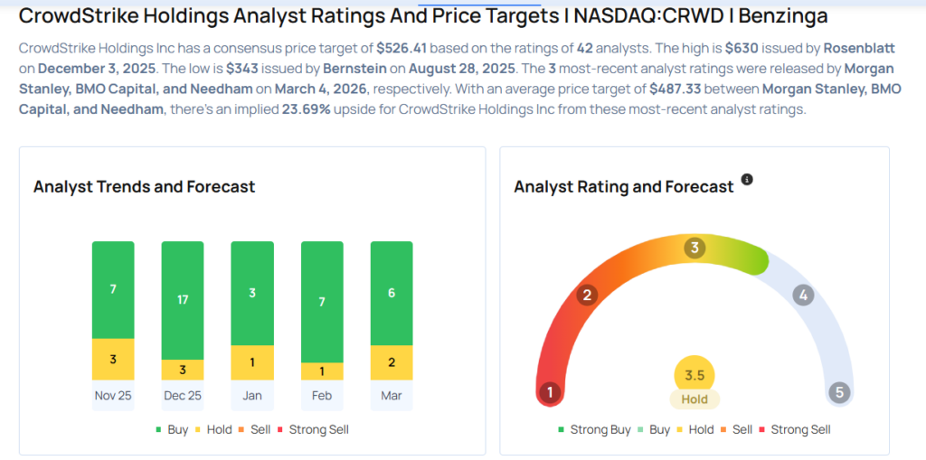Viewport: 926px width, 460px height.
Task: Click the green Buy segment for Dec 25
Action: pyautogui.click(x=183, y=300)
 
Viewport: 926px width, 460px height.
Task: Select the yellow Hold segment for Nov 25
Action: pyautogui.click(x=113, y=359)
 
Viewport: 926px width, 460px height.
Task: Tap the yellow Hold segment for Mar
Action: pyautogui.click(x=392, y=361)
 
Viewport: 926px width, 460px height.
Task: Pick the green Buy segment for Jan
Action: pyautogui.click(x=252, y=293)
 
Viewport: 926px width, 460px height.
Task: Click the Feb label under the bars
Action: pyautogui.click(x=322, y=395)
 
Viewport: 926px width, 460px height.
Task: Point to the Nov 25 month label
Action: pyautogui.click(x=113, y=395)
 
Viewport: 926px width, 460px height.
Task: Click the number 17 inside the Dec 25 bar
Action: pyautogui.click(x=183, y=299)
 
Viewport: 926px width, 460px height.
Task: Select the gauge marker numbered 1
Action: pyautogui.click(x=548, y=392)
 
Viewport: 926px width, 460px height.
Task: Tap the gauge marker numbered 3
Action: pyautogui.click(x=694, y=248)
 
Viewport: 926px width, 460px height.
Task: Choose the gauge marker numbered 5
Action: pyautogui.click(x=839, y=392)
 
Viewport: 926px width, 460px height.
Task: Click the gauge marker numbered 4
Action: pyautogui.click(x=802, y=295)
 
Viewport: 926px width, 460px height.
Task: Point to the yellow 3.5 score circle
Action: pyautogui.click(x=694, y=376)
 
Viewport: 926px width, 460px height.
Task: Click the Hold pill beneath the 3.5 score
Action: pyautogui.click(x=694, y=399)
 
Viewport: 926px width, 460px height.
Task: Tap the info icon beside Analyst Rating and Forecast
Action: pyautogui.click(x=747, y=180)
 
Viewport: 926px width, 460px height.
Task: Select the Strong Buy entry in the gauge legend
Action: pyautogui.click(x=594, y=429)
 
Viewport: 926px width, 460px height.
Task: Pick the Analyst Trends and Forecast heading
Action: pyautogui.click(x=144, y=187)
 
